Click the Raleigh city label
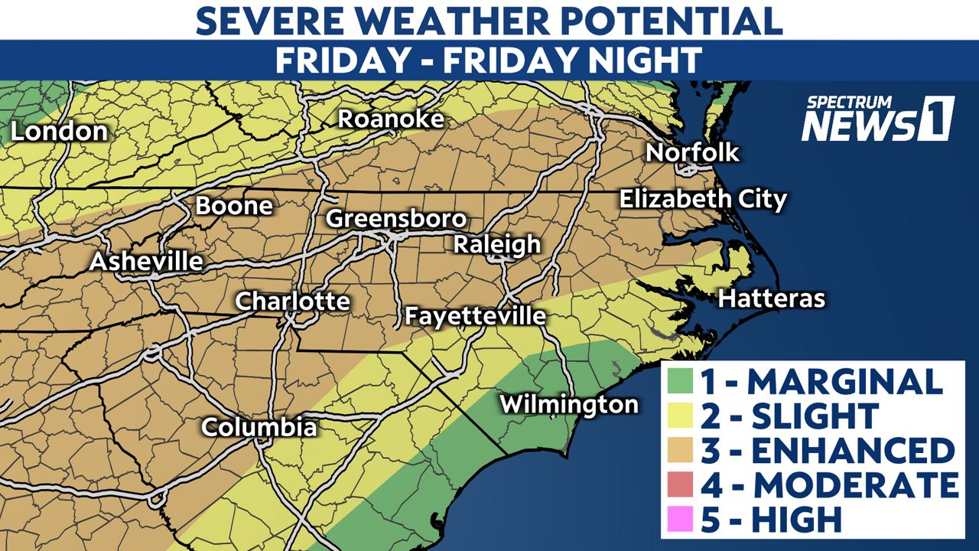pos(497,245)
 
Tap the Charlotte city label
pos(292,301)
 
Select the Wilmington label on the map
pos(568,403)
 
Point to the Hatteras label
pos(771,298)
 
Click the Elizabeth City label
pos(702,200)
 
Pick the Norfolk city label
pos(692,152)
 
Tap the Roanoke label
pos(391,119)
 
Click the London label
pos(59,132)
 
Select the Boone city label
pos(234,206)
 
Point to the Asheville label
pos(146,262)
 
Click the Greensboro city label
pos(396,218)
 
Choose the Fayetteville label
pos(475,315)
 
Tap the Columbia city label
pos(259,426)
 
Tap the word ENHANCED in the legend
pos(852,451)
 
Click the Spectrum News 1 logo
pos(877,119)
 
